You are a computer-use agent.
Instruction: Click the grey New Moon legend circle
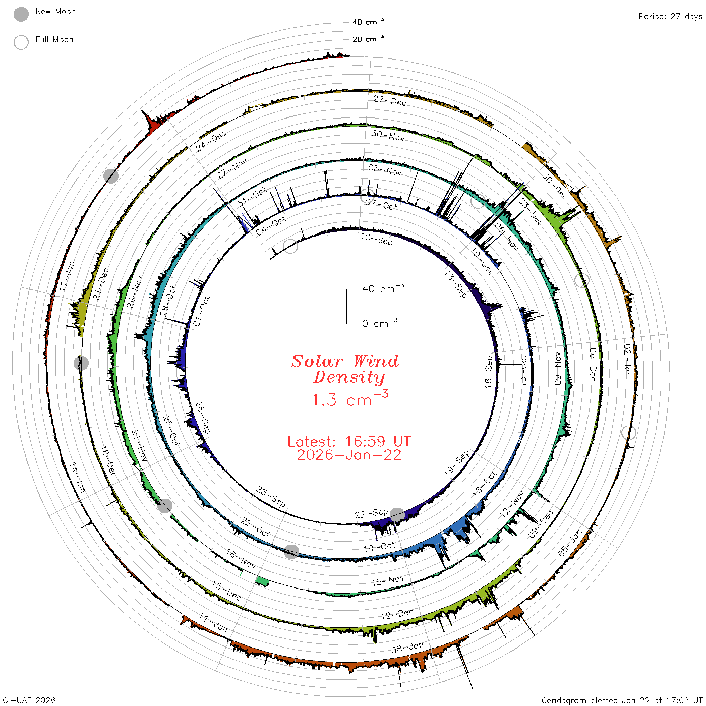[21, 14]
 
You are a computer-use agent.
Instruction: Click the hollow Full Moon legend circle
[21, 42]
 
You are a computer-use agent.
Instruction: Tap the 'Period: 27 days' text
[671, 17]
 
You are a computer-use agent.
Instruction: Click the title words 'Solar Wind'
[345, 361]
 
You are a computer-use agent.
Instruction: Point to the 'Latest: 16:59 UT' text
[349, 441]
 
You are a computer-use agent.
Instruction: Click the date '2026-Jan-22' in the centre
[349, 455]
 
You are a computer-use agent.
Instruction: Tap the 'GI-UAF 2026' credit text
[29, 700]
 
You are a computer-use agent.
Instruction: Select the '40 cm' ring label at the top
[368, 22]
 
